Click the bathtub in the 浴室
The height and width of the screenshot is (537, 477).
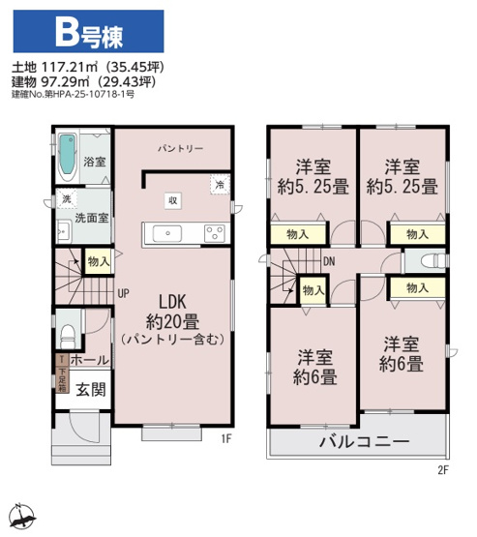tap(66, 154)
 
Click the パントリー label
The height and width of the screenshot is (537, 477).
tap(181, 149)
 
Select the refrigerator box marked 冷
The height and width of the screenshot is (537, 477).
tap(220, 185)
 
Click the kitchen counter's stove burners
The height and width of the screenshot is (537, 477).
tap(214, 232)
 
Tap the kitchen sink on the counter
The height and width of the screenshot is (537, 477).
tap(164, 233)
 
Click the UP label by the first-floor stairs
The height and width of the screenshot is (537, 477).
tap(124, 291)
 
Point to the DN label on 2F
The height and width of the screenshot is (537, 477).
tap(329, 261)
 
